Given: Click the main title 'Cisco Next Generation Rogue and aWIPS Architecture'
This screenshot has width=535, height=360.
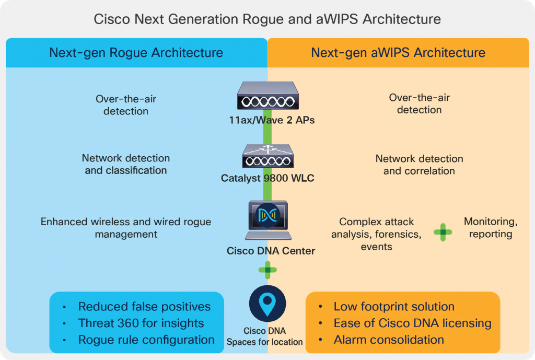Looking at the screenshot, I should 267,19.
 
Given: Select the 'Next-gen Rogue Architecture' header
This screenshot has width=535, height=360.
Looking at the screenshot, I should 136,53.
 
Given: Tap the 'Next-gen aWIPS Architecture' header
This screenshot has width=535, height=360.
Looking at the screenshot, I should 398,53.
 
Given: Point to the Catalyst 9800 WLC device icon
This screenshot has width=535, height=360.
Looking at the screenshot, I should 267,155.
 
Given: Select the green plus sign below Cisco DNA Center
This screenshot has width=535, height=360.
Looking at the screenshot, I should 267,270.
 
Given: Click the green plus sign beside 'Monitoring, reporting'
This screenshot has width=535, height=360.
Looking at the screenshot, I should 443,233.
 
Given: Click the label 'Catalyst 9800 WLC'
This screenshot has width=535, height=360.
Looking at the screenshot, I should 267,179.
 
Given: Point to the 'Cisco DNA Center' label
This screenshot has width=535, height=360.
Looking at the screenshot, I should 271,251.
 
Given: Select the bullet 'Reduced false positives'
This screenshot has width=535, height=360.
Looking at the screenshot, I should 144,307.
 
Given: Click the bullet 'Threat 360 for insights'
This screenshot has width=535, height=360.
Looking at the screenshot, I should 141,323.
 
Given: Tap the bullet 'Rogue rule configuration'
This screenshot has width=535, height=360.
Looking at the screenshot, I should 146,340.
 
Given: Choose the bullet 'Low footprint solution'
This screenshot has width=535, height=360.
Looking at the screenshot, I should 394,307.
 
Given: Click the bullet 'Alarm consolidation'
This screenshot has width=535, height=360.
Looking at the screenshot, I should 389,340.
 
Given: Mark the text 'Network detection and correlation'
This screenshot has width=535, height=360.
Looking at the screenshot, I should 419,165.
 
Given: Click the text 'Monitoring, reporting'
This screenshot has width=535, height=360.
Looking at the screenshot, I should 491,228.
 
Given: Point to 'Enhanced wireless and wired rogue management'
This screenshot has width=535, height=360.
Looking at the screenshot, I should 126,228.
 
